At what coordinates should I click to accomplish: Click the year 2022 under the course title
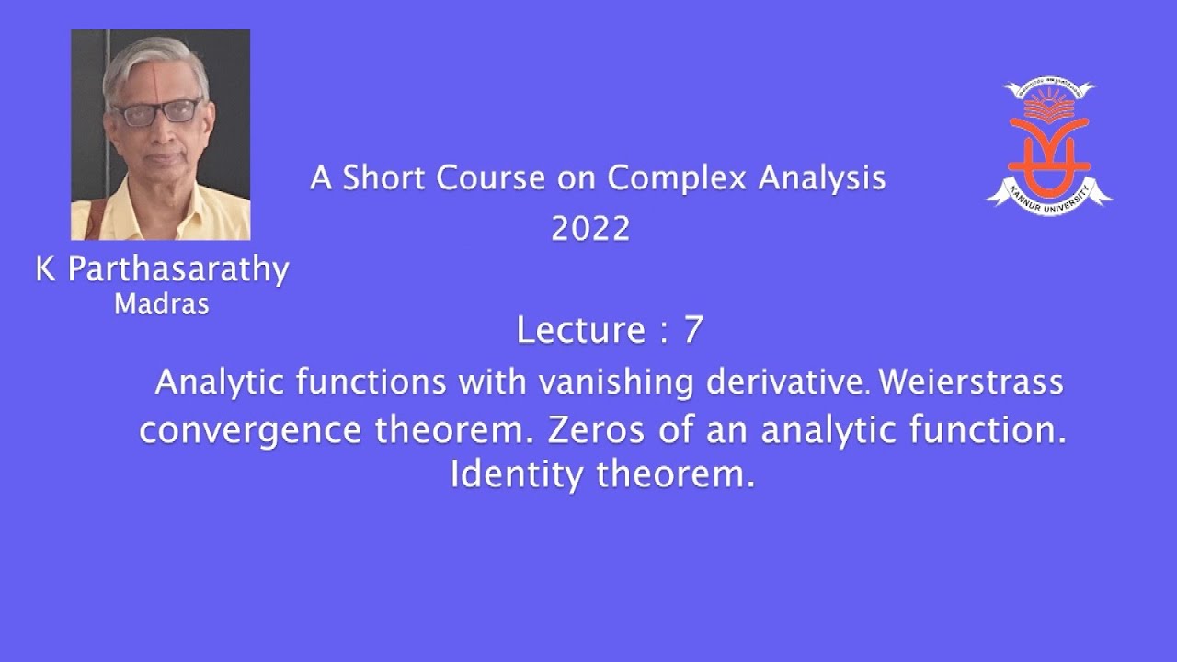[x=590, y=229]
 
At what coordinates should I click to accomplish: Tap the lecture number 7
[x=692, y=330]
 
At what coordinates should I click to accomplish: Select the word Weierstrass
[x=971, y=382]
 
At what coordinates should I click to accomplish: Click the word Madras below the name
[x=161, y=304]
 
